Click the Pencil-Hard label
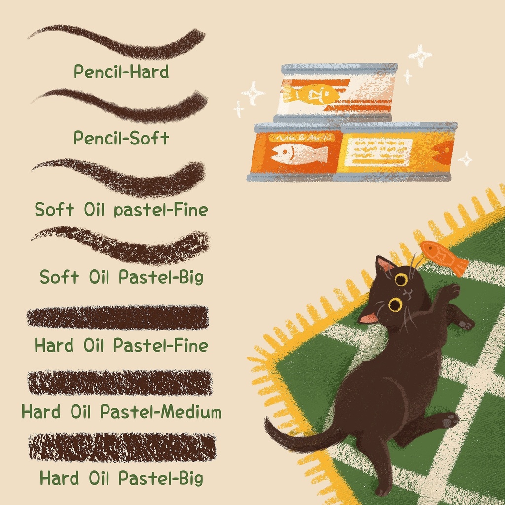121,72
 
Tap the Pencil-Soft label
121,138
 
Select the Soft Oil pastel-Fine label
121,209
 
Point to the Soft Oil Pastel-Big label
121,277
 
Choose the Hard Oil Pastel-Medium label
121,412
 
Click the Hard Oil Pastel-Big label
121,478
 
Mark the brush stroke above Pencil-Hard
116,42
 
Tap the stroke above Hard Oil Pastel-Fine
117,318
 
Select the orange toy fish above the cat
444,257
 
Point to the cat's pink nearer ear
368,318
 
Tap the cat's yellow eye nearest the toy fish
401,280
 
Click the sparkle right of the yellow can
466,159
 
